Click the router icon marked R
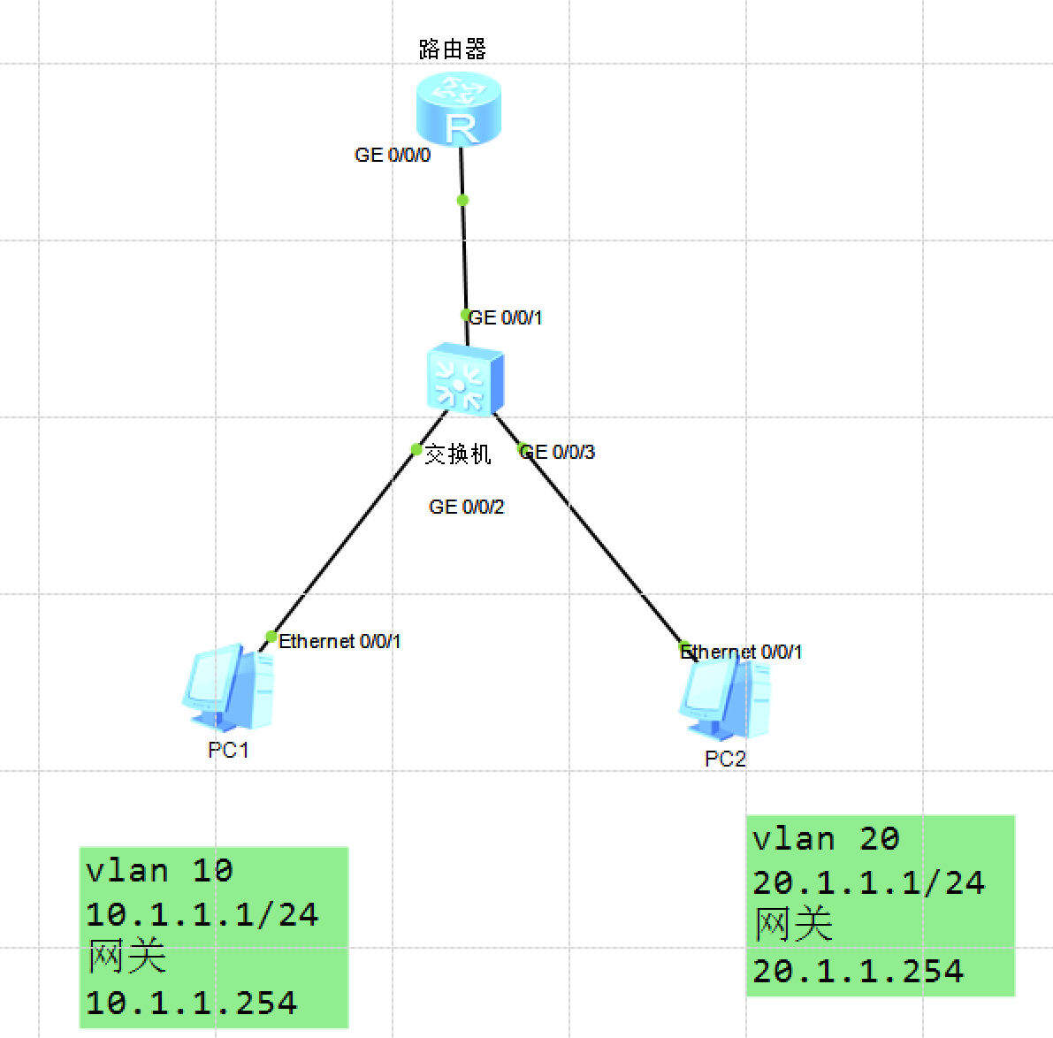459,109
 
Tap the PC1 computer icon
229,688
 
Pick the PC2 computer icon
725,698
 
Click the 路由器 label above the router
453,50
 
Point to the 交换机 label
458,454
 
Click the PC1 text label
228,750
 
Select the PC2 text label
725,759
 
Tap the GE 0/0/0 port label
393,155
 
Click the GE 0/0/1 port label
505,317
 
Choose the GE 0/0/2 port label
466,507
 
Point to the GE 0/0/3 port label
558,452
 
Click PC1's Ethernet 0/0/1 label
340,641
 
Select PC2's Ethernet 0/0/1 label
741,652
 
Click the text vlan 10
159,871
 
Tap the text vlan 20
826,838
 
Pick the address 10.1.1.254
192,1003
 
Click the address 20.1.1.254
858,971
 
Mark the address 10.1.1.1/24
202,914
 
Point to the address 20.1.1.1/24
868,882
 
